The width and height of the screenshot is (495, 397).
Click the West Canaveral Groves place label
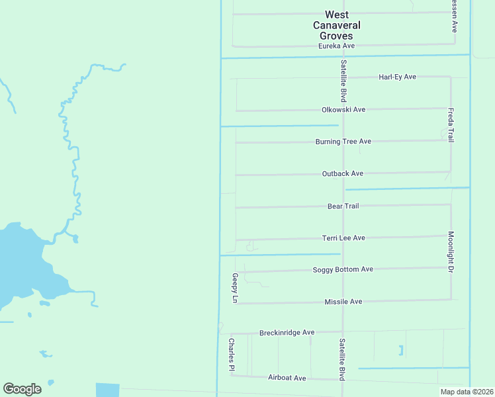[337, 25]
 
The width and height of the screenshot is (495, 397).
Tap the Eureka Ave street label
[337, 46]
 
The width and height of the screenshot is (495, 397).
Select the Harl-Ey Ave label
[397, 77]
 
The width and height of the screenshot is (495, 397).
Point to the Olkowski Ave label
[343, 109]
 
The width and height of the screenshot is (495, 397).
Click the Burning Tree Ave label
[343, 142]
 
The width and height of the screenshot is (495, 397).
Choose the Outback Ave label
[343, 173]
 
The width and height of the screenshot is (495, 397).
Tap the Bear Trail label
[343, 206]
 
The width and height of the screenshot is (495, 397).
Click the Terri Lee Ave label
[343, 238]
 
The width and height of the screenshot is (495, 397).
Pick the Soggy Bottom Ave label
[343, 269]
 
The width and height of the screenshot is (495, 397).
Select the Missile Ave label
[343, 302]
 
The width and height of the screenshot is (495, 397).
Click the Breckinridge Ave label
[287, 332]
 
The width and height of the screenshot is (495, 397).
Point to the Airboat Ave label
[287, 378]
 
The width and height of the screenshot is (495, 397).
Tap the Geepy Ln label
[234, 288]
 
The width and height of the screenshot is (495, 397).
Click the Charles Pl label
[232, 355]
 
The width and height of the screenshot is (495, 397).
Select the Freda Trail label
[451, 125]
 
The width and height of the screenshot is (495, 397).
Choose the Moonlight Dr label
[451, 252]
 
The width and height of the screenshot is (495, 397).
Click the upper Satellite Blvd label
[343, 81]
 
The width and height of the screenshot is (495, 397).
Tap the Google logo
[22, 389]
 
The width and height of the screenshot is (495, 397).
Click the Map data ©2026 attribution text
[466, 392]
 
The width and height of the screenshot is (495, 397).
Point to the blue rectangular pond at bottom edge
[107, 390]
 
